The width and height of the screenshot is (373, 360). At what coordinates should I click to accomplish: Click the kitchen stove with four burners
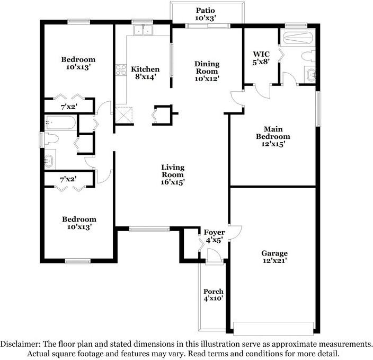pos(121,70)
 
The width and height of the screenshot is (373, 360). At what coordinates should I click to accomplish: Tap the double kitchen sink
pos(143,30)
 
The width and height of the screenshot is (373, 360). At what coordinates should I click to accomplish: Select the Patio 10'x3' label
pos(206,14)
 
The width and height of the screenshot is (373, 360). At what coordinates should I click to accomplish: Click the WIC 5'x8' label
pos(261,58)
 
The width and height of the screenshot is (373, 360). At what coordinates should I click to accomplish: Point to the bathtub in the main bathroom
pos(297,38)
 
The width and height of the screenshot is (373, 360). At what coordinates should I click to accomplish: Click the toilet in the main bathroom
pos(308,56)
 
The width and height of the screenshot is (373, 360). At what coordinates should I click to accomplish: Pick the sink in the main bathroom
pos(310,75)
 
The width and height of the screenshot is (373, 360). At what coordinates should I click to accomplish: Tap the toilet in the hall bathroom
pos(51,139)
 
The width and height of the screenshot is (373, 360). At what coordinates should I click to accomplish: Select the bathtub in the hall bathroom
pos(60,122)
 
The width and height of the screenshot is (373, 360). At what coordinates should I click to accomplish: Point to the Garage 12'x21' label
pos(274,257)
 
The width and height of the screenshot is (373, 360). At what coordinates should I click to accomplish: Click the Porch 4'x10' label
pos(214,295)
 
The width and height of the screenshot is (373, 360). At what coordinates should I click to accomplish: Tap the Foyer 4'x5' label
pos(214,236)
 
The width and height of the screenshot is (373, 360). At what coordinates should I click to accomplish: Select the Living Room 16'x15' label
pos(173,175)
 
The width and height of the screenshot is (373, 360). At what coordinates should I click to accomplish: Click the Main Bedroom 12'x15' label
pos(273,136)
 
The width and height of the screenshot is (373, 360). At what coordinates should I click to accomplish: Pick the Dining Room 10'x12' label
pos(207,71)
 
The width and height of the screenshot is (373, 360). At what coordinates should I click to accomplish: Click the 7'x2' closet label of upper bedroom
pos(69,107)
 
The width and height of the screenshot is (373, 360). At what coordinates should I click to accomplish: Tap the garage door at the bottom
pos(273,329)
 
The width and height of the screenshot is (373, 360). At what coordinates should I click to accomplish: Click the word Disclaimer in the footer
pos(20,344)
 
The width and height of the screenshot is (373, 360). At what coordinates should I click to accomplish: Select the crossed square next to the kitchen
pos(123,115)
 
